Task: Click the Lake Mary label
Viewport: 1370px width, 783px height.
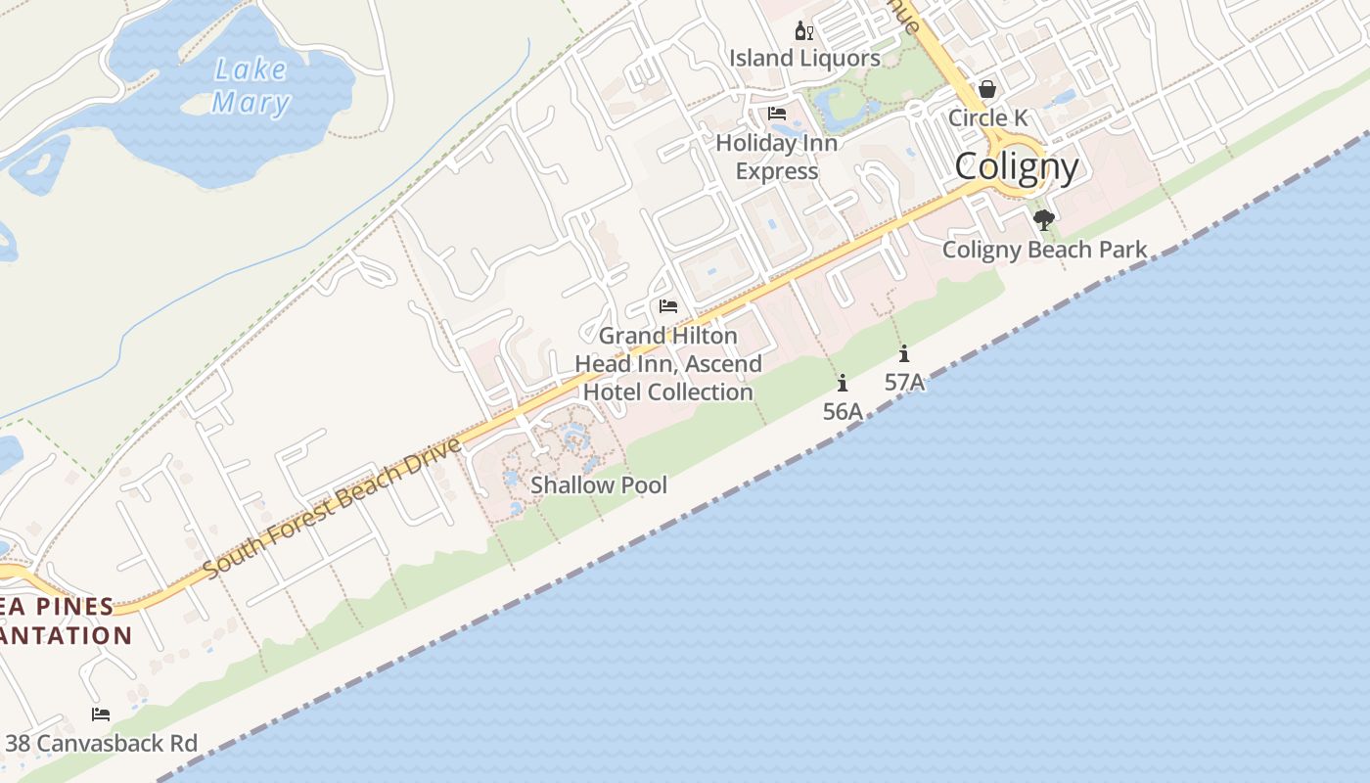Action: pos(251,86)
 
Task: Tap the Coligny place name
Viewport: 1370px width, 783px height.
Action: pos(1017,166)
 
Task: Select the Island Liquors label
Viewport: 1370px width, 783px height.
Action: pos(804,59)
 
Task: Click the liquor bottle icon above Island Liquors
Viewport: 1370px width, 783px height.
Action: pos(803,31)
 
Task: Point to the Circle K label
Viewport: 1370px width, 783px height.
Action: pos(988,117)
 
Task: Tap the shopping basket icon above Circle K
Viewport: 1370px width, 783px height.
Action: pos(987,90)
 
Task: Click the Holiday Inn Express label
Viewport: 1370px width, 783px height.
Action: pos(777,157)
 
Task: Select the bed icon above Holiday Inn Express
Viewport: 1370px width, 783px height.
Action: pos(777,114)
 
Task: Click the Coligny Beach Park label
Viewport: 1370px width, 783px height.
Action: pos(1044,250)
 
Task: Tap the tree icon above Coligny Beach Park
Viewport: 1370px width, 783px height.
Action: pos(1044,220)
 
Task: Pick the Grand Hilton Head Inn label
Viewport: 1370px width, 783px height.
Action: pos(668,364)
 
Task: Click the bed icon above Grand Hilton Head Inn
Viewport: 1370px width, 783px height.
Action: pos(668,306)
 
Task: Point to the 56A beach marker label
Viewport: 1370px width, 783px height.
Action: pos(843,412)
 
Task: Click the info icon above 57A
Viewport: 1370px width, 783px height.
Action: pos(904,354)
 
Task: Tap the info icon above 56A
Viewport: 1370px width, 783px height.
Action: pos(843,384)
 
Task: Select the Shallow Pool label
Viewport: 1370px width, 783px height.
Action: pos(599,485)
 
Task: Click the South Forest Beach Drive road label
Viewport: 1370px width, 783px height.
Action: pos(332,508)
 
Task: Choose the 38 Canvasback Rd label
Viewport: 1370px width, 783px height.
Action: pos(101,743)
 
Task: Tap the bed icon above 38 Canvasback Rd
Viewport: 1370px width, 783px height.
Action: pos(101,714)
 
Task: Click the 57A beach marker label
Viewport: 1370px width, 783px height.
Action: pos(904,383)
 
